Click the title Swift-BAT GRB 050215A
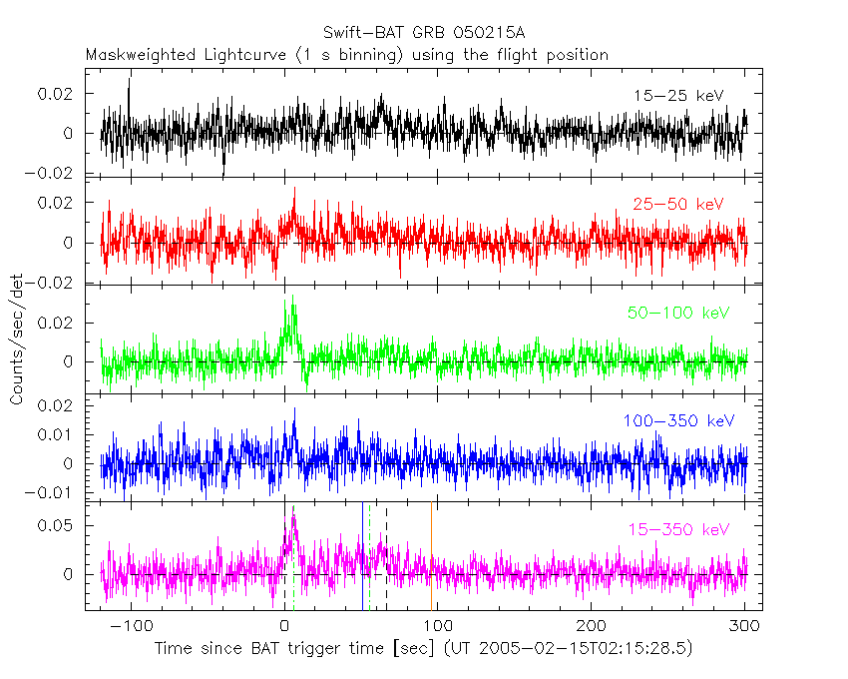pos(424,33)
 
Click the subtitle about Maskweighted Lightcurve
pos(347,55)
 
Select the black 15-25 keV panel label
pos(677,96)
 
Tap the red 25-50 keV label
pos(677,205)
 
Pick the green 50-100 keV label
pos(673,314)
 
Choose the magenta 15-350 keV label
pos(673,529)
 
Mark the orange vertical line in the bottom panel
pos(431,555)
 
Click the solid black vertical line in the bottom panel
pos(362,555)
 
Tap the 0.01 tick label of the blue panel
pos(63,434)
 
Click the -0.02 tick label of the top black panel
pos(58,173)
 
